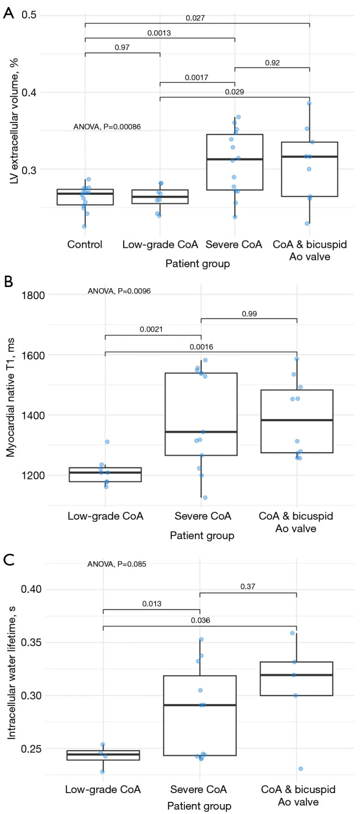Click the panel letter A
(x=8, y=12)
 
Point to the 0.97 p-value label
(x=122, y=48)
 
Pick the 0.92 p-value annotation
(x=272, y=62)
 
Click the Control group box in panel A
(x=85, y=197)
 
